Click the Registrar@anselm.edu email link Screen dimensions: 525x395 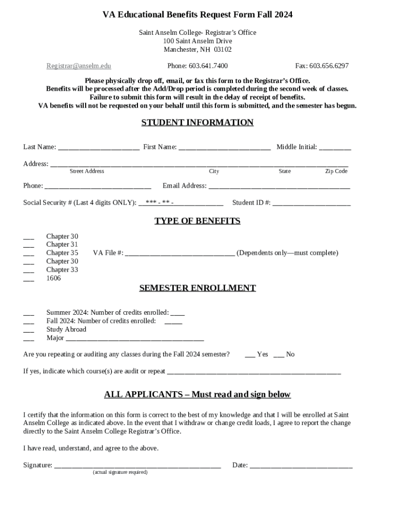point(78,66)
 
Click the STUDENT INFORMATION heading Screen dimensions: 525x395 point(197,123)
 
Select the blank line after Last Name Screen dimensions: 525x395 point(98,148)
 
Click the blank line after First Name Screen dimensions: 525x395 point(225,148)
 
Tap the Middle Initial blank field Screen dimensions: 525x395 point(335,148)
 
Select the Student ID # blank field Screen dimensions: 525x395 point(311,204)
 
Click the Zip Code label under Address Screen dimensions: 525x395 point(336,171)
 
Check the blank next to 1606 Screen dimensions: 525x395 point(29,279)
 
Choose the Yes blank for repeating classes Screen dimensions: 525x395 point(250,355)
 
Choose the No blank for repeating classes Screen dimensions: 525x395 point(279,355)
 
